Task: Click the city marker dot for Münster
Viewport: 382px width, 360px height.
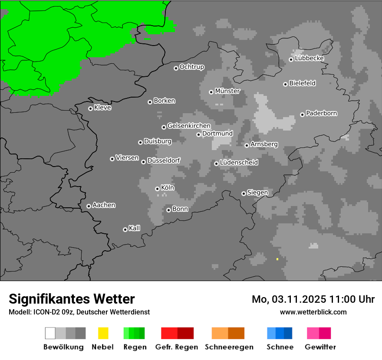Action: [211, 92]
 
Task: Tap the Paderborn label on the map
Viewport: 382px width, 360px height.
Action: [322, 113]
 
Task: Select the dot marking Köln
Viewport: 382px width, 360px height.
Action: [157, 189]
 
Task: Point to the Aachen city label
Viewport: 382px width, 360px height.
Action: [104, 205]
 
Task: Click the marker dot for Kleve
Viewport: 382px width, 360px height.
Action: [90, 108]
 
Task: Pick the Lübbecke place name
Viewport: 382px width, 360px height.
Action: [309, 58]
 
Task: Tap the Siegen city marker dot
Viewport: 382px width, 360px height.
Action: [244, 193]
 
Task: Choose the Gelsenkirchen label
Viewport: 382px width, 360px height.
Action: [189, 126]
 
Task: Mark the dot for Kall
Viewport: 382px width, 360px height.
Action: [125, 229]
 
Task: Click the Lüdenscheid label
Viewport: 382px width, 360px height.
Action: [239, 162]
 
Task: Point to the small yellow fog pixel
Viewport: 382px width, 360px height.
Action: [277, 259]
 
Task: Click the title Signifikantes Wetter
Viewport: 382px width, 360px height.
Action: [72, 299]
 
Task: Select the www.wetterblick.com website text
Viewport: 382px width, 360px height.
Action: [313, 312]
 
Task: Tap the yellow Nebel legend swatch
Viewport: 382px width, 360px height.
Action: [103, 333]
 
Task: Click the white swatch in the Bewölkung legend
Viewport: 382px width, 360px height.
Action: [50, 333]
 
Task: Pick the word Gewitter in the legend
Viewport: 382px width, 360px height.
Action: [320, 347]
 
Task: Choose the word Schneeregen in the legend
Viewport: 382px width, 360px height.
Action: [229, 347]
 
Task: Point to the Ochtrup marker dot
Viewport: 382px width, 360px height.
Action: [176, 68]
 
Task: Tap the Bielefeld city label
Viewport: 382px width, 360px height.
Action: [302, 83]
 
